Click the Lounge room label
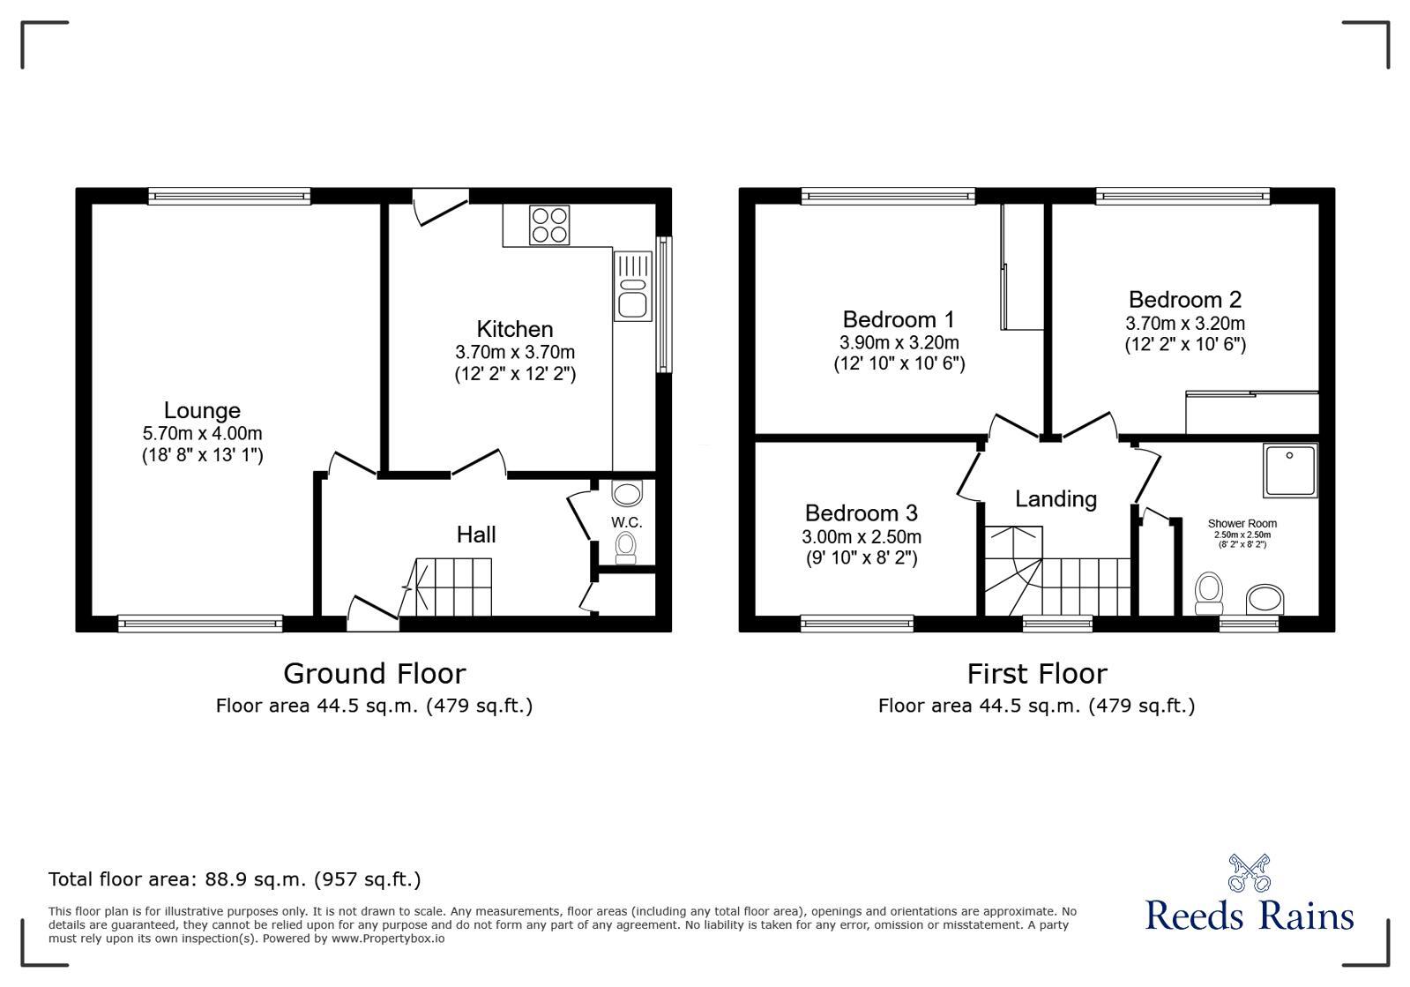point(202,410)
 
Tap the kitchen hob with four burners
point(548,224)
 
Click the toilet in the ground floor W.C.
point(626,547)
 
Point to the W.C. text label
point(626,522)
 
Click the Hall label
point(476,535)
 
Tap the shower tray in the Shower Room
point(1289,469)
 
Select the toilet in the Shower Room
point(1208,593)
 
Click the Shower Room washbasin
point(1266,599)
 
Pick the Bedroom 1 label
point(899,319)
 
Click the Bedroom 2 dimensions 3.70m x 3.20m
point(1185,324)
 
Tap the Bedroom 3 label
point(861,513)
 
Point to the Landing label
point(1056,499)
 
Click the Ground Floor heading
point(374,674)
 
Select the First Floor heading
point(1036,674)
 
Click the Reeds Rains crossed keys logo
point(1250,873)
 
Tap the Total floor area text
point(235,879)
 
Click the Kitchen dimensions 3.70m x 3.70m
point(515,352)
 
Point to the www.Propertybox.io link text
point(388,938)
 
